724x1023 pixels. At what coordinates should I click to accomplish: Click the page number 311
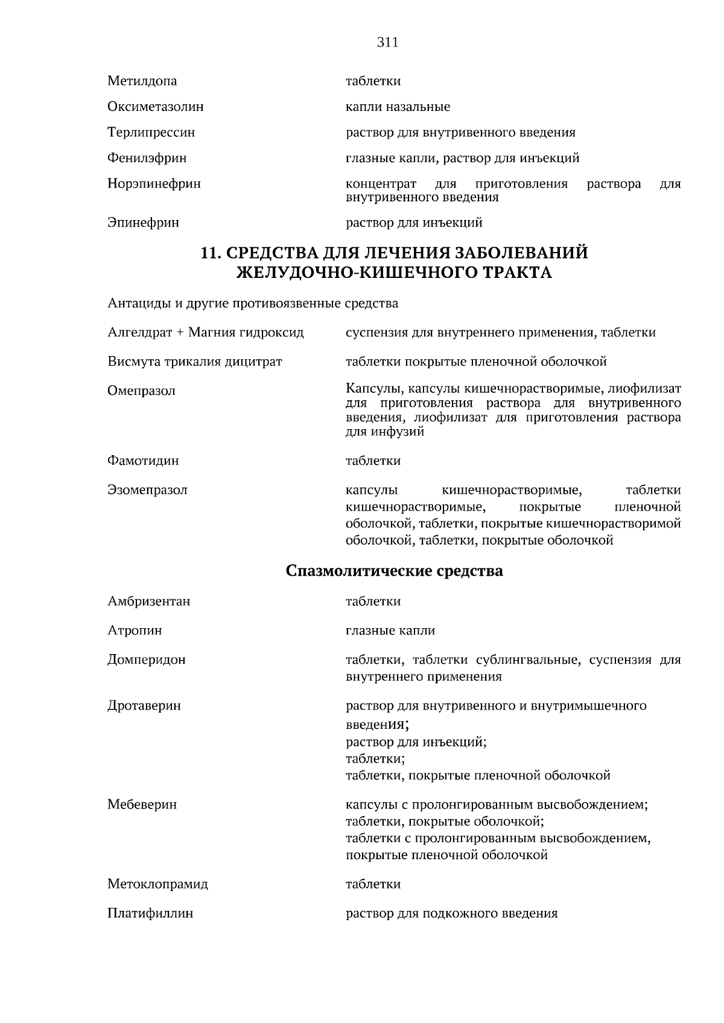(387, 43)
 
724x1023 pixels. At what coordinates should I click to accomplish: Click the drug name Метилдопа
(142, 81)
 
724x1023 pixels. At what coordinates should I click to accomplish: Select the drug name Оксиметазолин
(156, 107)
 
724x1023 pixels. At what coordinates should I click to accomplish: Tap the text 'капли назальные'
(398, 107)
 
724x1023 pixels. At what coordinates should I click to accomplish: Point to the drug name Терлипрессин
(151, 132)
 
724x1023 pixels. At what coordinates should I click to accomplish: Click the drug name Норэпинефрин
(154, 183)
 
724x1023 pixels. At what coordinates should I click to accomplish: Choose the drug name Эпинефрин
(143, 222)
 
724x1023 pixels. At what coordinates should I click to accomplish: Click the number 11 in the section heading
(208, 253)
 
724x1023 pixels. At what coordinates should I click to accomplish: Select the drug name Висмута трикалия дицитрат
(195, 362)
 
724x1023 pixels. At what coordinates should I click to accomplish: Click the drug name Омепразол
(141, 391)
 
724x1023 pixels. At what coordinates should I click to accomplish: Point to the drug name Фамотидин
(143, 461)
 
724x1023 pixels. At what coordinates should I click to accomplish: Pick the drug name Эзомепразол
(147, 489)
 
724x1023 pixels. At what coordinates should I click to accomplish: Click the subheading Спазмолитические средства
(394, 570)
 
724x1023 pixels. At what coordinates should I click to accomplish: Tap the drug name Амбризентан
(149, 601)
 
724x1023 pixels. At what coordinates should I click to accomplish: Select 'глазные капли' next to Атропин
(390, 631)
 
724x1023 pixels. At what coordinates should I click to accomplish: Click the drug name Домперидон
(147, 659)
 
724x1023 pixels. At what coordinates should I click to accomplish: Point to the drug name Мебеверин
(142, 804)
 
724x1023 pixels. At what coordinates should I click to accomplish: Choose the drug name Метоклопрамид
(157, 884)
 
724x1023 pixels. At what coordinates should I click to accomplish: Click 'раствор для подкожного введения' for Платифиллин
(451, 913)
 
